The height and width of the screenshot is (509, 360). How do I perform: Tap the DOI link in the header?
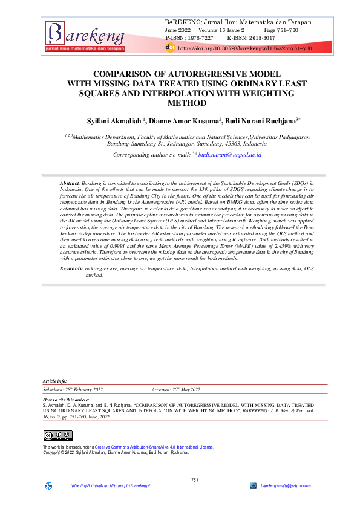click(x=245, y=48)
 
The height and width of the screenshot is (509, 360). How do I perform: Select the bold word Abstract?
click(x=70, y=183)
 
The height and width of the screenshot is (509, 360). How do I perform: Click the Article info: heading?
click(x=55, y=381)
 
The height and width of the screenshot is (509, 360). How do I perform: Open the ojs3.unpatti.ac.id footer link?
click(x=110, y=486)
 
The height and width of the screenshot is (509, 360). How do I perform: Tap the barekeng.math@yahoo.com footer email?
click(x=286, y=486)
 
